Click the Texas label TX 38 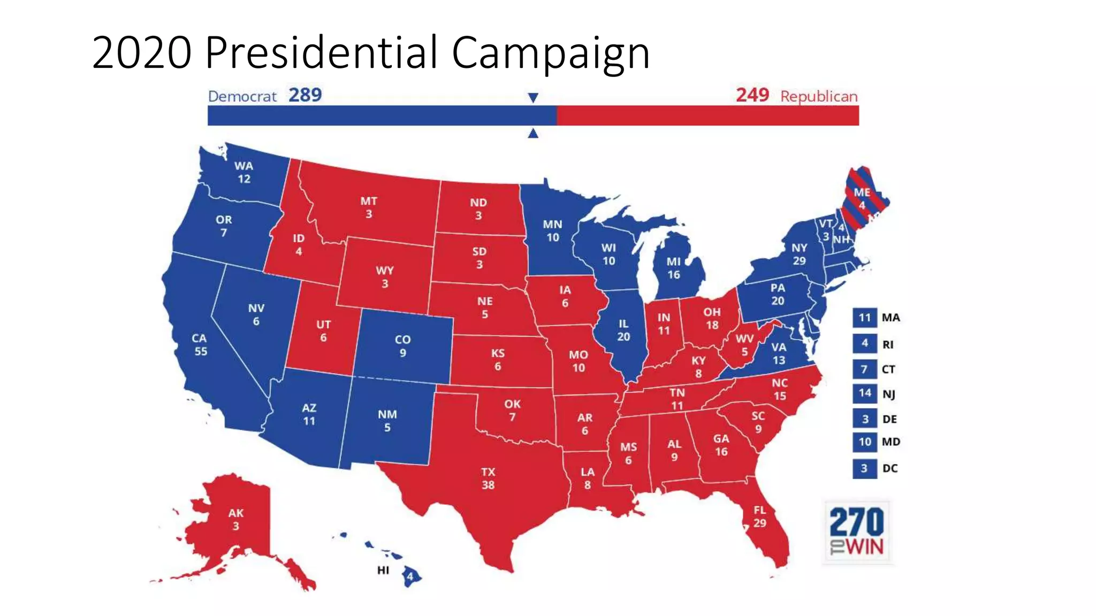(x=488, y=479)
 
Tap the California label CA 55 (x=200, y=345)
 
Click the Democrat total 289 (x=305, y=95)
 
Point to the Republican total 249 (x=752, y=95)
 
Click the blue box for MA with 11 (x=864, y=318)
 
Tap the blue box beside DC (x=864, y=468)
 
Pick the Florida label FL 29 (x=759, y=516)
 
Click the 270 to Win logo (x=857, y=532)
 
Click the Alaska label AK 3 (x=235, y=519)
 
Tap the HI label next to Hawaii (x=383, y=570)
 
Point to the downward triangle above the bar (x=532, y=98)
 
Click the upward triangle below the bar (x=532, y=134)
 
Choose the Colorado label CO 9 (x=402, y=346)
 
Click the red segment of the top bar (x=706, y=115)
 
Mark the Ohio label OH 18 (x=712, y=318)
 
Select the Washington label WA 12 (x=243, y=172)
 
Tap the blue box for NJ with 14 (x=864, y=394)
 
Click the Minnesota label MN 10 (x=552, y=230)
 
